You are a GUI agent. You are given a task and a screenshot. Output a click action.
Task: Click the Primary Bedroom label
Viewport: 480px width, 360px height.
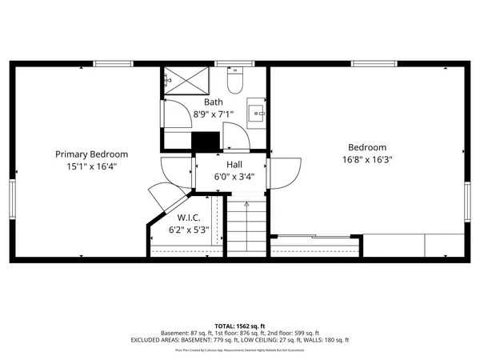[x=91, y=154]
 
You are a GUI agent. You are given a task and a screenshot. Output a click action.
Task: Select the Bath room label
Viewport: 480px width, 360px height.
[x=214, y=102]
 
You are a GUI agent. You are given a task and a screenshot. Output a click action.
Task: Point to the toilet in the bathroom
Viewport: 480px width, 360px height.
[x=235, y=82]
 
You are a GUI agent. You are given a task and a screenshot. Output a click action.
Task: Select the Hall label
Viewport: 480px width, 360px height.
[x=234, y=164]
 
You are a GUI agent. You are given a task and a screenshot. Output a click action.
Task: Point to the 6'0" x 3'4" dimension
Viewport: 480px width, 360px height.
[x=234, y=176]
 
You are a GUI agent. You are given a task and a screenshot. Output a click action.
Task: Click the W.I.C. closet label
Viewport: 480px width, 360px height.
[x=188, y=217]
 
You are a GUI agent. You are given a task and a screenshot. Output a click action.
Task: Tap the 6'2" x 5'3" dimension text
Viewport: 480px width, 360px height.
[x=188, y=229]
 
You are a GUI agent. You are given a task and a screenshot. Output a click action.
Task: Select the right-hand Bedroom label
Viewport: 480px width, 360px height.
[x=367, y=147]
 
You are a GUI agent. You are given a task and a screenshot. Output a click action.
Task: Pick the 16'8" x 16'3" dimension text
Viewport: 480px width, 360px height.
[x=367, y=159]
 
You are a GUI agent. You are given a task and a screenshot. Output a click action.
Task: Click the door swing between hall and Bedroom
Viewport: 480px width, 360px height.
[x=286, y=170]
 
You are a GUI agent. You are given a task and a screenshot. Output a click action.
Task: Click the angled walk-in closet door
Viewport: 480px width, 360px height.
[x=163, y=198]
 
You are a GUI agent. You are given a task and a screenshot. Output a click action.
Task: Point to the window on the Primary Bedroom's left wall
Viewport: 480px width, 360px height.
[x=13, y=198]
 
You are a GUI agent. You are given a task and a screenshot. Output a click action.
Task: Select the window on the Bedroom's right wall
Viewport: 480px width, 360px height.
[x=467, y=202]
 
